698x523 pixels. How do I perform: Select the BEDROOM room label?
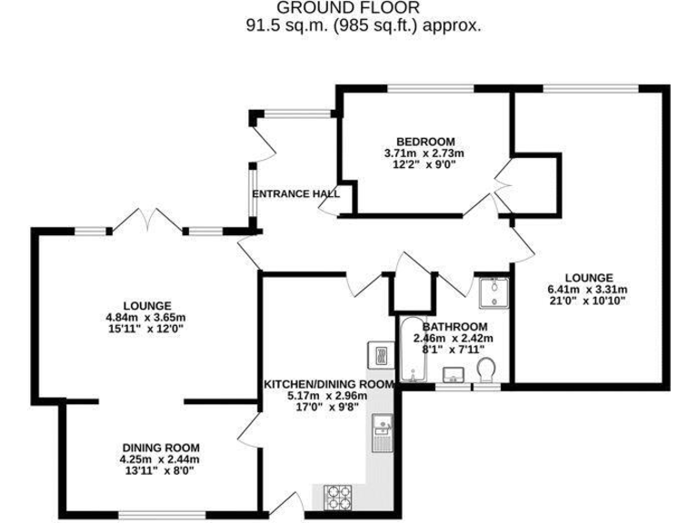(x=425, y=141)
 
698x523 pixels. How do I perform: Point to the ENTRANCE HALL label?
(x=295, y=193)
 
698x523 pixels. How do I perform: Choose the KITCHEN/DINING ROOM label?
(x=328, y=384)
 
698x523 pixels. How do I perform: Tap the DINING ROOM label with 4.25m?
(x=161, y=448)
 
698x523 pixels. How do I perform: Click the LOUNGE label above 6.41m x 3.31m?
(x=588, y=277)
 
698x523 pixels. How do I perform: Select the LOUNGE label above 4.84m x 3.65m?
(x=146, y=305)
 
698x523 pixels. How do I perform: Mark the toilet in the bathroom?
(x=487, y=370)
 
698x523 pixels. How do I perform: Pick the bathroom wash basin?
(x=454, y=374)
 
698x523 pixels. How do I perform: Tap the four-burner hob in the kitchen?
(x=340, y=497)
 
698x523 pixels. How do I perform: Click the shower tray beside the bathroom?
(x=494, y=290)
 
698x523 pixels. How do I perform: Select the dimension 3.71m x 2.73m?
(x=425, y=153)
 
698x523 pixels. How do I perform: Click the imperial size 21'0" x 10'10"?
(x=588, y=301)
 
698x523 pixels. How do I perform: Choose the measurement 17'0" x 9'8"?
(x=328, y=408)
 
